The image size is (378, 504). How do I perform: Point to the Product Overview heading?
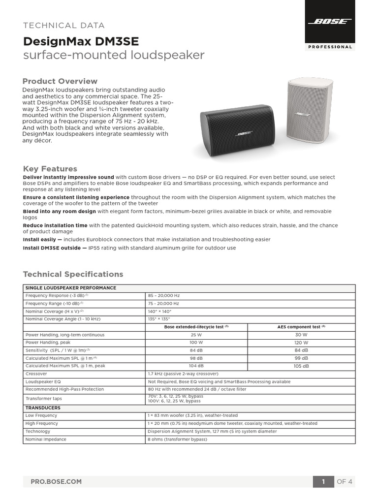click(60, 81)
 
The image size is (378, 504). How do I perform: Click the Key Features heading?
click(50, 169)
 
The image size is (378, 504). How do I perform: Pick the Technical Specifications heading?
click(73, 274)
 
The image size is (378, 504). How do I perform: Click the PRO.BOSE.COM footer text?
click(56, 481)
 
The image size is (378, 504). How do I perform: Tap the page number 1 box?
click(323, 481)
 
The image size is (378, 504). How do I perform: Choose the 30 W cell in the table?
click(301, 335)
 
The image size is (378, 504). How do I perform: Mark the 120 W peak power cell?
click(301, 343)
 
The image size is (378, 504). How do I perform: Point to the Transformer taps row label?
click(44, 399)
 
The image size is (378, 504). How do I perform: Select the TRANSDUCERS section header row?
click(43, 408)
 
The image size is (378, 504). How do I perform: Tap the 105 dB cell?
click(301, 366)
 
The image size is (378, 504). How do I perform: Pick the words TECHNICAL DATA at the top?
click(64, 26)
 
